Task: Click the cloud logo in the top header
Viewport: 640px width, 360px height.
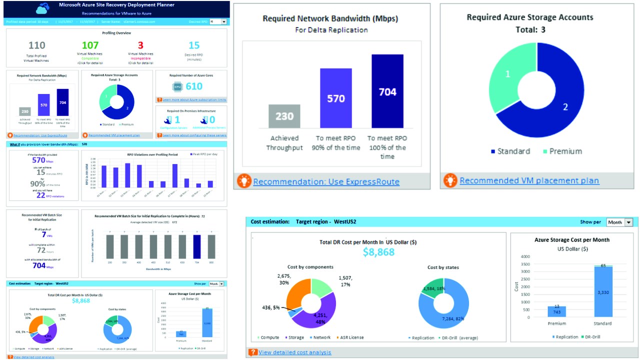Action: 43,8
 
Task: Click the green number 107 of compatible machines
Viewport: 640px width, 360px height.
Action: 90,45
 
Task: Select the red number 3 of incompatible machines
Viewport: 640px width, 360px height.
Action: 140,45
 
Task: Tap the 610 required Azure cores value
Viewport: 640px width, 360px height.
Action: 194,86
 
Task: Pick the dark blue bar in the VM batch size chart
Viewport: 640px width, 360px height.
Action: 196,246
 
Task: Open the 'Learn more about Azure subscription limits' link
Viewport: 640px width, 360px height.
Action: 194,100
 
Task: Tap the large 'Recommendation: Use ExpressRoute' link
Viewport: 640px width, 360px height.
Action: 326,181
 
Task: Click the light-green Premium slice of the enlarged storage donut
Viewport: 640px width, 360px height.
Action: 506,75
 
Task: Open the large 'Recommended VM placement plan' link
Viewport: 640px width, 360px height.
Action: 529,180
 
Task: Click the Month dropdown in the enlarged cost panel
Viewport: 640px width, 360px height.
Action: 619,222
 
